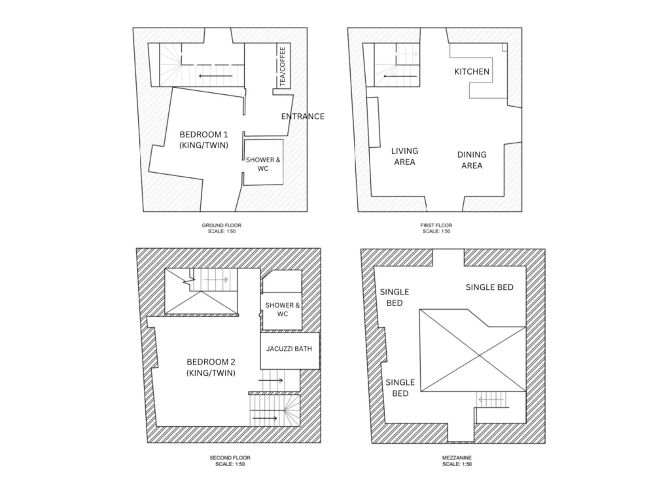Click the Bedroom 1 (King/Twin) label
(204, 139)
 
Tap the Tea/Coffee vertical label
(282, 66)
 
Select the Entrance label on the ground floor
(302, 117)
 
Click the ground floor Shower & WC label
(263, 164)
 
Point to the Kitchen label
(472, 71)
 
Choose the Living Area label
(404, 156)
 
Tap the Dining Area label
(472, 160)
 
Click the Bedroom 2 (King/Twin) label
(211, 367)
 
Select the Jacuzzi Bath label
(289, 349)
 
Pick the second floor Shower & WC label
(283, 310)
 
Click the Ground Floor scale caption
(221, 228)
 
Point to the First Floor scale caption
(436, 228)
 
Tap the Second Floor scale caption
(230, 461)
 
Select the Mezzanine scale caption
(457, 461)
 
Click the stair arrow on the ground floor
(216, 76)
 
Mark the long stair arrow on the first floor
(400, 76)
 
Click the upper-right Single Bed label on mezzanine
(489, 287)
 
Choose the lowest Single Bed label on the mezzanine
(400, 387)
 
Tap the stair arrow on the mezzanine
(491, 400)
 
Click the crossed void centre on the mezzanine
(480, 355)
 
